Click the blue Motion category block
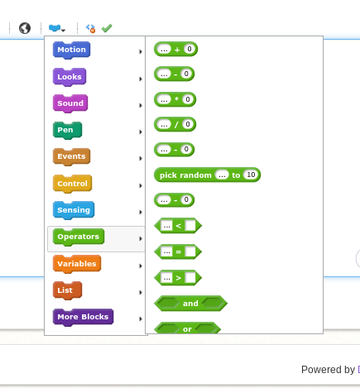(x=71, y=50)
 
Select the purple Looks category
(x=70, y=77)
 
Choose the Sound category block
(x=70, y=103)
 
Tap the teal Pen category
(x=67, y=130)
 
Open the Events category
(x=71, y=156)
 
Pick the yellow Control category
(x=72, y=184)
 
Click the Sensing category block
(x=74, y=210)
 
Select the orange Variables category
(x=77, y=264)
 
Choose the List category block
(x=67, y=290)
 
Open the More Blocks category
(x=83, y=317)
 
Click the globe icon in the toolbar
(x=25, y=28)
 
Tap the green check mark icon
(x=107, y=28)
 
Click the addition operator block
(x=175, y=49)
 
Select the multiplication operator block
(x=175, y=99)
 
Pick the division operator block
(x=175, y=124)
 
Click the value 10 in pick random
(x=251, y=175)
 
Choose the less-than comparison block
(x=178, y=226)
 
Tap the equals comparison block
(x=178, y=251)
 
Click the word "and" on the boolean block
(x=190, y=304)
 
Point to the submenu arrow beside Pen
(x=141, y=132)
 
